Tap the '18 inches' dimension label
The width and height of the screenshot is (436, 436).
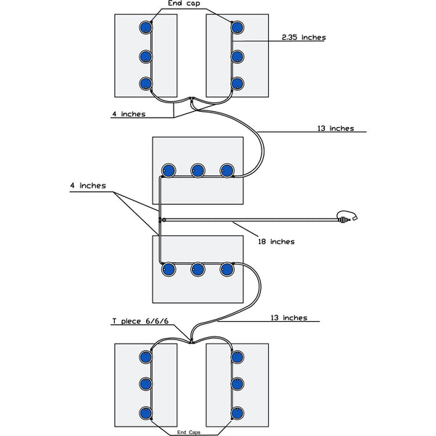click(x=277, y=241)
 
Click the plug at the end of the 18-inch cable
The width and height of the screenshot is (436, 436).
click(x=347, y=217)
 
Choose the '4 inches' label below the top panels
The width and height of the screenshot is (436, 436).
click(x=128, y=114)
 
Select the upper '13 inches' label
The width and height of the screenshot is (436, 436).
click(x=336, y=129)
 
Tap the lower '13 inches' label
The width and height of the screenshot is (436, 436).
click(x=288, y=318)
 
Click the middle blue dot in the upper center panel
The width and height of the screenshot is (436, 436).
click(x=197, y=171)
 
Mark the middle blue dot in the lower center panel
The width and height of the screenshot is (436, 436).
click(x=197, y=269)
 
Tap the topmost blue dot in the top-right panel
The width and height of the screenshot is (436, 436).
click(x=237, y=28)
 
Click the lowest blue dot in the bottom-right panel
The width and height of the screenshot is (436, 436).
click(x=237, y=413)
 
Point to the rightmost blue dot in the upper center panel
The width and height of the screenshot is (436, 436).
click(x=227, y=171)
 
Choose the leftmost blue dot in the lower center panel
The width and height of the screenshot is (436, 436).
click(x=167, y=269)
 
